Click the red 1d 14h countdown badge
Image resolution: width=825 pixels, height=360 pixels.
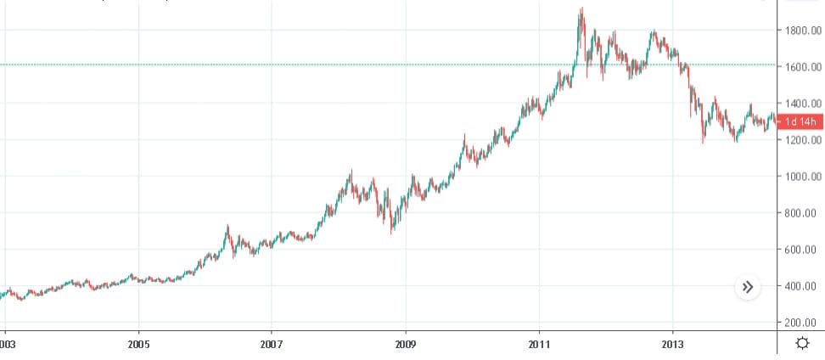point(800,121)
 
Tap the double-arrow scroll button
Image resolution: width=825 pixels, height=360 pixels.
point(748,287)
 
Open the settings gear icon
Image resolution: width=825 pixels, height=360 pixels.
point(801,343)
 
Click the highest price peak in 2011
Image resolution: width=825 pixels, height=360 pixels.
point(581,9)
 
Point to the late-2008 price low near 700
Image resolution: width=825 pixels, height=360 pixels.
point(391,231)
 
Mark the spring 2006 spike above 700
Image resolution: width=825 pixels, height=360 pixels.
point(227,227)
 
